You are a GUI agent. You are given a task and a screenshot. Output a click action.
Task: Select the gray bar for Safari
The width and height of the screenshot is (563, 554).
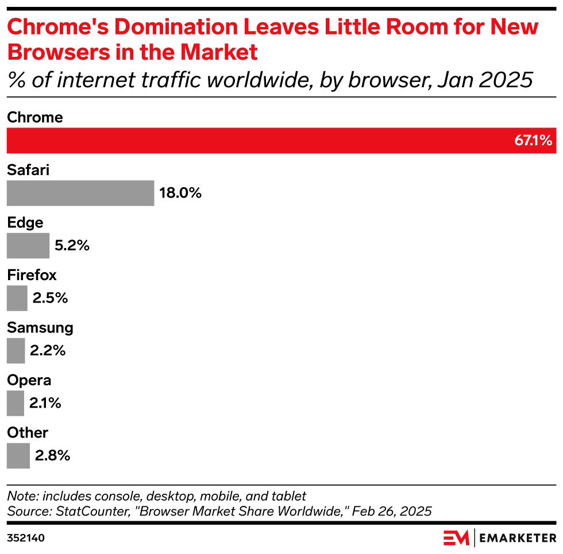pyautogui.click(x=80, y=193)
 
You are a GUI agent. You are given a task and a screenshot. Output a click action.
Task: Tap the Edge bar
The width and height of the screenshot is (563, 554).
pyautogui.click(x=28, y=246)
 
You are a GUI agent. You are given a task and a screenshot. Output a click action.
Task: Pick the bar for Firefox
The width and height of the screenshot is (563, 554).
pyautogui.click(x=17, y=298)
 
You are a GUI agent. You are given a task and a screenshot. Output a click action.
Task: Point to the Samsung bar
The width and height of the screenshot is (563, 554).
pyautogui.click(x=16, y=351)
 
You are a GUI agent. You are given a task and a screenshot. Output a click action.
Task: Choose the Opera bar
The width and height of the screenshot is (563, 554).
pyautogui.click(x=16, y=403)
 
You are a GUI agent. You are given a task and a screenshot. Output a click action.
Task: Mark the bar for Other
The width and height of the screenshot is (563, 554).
pyautogui.click(x=18, y=456)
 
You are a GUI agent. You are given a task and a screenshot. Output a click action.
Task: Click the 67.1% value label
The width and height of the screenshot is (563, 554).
pyautogui.click(x=533, y=141)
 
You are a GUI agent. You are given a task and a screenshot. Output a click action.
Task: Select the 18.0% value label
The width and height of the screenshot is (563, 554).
pyautogui.click(x=180, y=193)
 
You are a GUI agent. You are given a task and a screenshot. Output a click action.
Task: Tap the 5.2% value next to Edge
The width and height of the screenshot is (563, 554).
pyautogui.click(x=72, y=246)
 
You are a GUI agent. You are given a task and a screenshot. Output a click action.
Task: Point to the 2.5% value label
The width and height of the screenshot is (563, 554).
pyautogui.click(x=50, y=298)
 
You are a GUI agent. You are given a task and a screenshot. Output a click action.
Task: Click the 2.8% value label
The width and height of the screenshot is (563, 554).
pyautogui.click(x=52, y=456)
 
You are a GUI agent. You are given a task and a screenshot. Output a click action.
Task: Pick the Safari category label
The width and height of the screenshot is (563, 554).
pyautogui.click(x=28, y=170)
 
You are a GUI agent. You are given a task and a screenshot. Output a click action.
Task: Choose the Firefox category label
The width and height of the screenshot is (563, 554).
pyautogui.click(x=32, y=275)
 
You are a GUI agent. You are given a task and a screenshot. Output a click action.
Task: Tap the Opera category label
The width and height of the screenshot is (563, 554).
pyautogui.click(x=29, y=380)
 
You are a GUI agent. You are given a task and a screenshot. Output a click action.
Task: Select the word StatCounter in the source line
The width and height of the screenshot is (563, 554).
pyautogui.click(x=86, y=511)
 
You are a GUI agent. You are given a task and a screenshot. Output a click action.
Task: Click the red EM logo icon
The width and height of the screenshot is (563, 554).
pyautogui.click(x=456, y=538)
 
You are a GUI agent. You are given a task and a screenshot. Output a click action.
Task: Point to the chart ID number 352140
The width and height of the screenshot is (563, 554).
pyautogui.click(x=26, y=538)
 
